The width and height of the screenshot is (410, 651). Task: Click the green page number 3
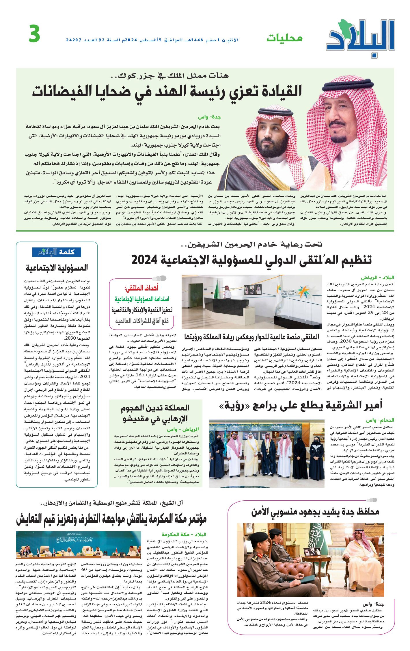(34, 34)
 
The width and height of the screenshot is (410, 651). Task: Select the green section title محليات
(284, 38)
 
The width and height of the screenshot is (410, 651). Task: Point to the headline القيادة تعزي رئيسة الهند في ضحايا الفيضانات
(167, 91)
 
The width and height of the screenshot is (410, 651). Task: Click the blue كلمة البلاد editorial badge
(57, 252)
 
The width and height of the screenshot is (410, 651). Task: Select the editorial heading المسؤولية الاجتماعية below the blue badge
(57, 268)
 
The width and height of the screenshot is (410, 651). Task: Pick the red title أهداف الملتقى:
(141, 288)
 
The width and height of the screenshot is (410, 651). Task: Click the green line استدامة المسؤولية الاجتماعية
(142, 299)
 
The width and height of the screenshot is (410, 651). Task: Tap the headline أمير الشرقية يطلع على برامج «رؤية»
(300, 406)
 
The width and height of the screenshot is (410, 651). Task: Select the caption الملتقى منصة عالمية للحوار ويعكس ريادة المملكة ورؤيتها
(251, 337)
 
